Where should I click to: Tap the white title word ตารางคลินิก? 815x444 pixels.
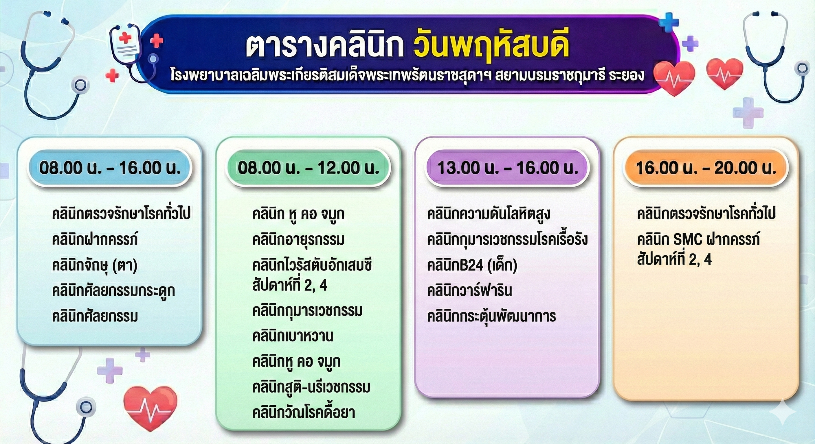[x=325, y=47]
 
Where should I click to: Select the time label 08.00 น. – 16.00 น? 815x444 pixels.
[x=110, y=168]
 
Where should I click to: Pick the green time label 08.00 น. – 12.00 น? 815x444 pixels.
[x=309, y=168]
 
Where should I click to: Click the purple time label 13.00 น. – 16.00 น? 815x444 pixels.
[x=507, y=168]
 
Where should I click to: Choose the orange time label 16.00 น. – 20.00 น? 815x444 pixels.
[x=706, y=168]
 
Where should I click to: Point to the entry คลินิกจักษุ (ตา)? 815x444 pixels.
[x=95, y=266]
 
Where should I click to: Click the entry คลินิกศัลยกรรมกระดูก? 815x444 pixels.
[x=113, y=291]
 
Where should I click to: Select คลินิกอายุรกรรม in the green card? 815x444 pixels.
[x=298, y=240]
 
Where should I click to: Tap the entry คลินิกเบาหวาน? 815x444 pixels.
[x=293, y=336]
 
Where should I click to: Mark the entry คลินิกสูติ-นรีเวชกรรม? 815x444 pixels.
[x=311, y=387]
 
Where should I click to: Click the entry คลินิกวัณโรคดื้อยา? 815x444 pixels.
[x=303, y=412]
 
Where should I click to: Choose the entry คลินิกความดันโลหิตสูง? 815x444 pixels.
[x=489, y=214]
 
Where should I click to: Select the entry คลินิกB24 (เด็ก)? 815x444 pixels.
[x=472, y=265]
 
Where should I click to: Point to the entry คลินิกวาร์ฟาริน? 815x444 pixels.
[x=469, y=291]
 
